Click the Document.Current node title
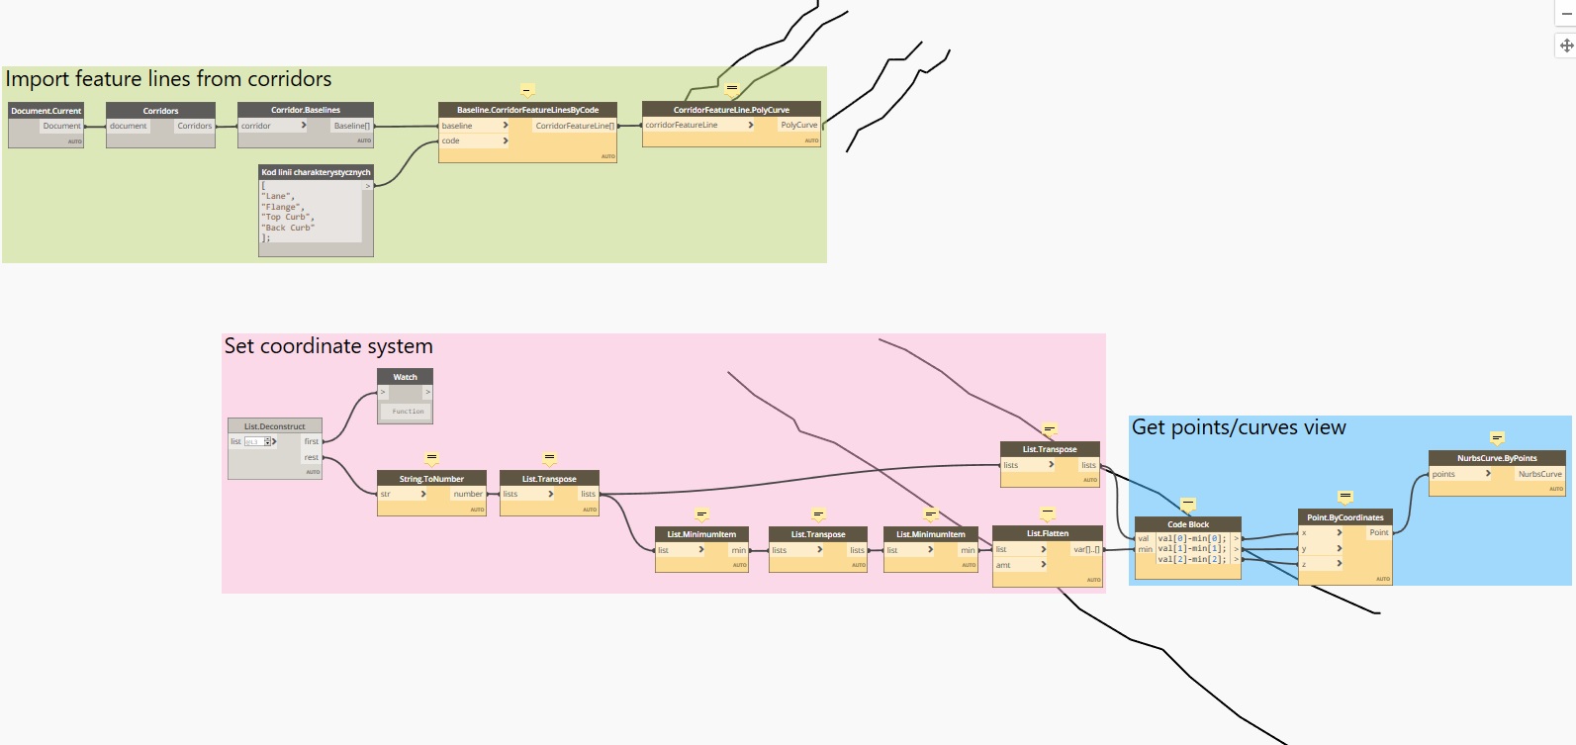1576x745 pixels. click(x=46, y=111)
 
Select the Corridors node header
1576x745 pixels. click(x=160, y=111)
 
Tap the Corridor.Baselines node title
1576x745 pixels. click(x=306, y=110)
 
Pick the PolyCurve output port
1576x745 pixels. click(x=798, y=125)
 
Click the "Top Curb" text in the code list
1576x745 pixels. click(x=287, y=217)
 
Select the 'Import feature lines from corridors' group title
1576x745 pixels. click(x=168, y=79)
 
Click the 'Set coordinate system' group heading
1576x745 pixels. click(x=328, y=346)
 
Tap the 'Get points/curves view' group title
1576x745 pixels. click(x=1239, y=427)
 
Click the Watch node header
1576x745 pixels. click(x=406, y=377)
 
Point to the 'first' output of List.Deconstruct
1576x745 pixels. click(x=312, y=441)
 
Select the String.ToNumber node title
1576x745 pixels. click(x=431, y=479)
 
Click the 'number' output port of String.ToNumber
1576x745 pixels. click(x=468, y=494)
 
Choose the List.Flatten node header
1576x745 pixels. click(x=1047, y=533)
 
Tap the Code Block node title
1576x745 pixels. click(x=1187, y=524)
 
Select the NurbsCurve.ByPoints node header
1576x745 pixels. click(x=1497, y=458)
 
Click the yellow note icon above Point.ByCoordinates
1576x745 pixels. click(x=1344, y=497)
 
